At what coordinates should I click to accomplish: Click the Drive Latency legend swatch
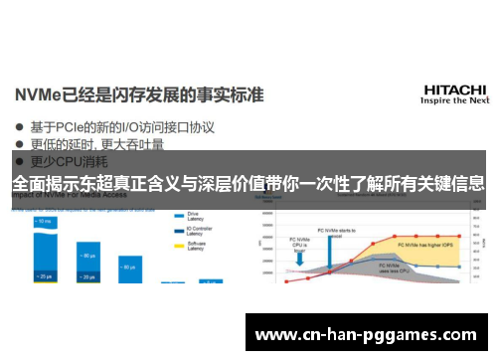click(x=179, y=215)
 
